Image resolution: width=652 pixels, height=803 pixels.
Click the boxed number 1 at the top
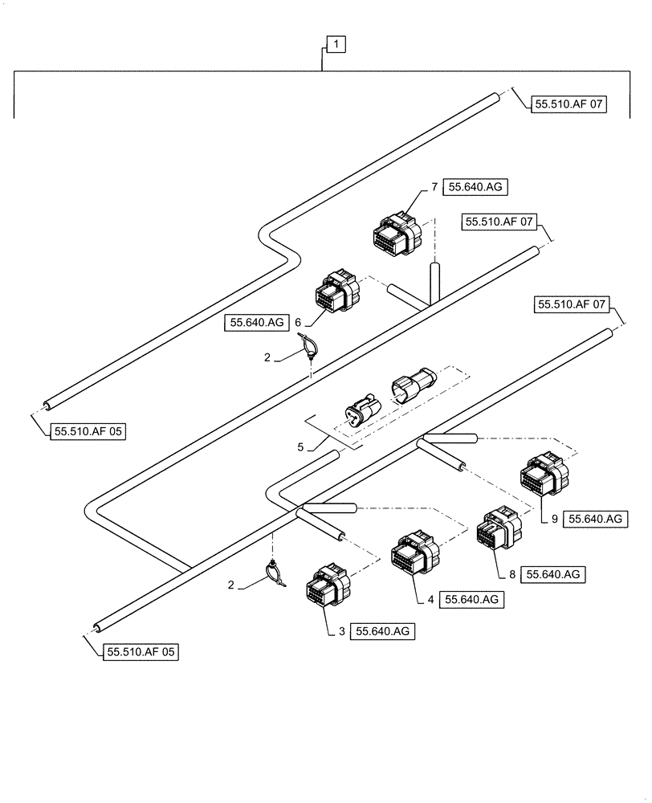(x=336, y=46)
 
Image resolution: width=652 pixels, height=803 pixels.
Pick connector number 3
(x=328, y=593)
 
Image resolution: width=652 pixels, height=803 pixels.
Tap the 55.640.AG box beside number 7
(x=476, y=187)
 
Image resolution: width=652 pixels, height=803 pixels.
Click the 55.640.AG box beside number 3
(x=385, y=632)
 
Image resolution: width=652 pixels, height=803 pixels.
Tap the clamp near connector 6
(x=310, y=347)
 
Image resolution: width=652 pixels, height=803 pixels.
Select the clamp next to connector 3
(x=274, y=573)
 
